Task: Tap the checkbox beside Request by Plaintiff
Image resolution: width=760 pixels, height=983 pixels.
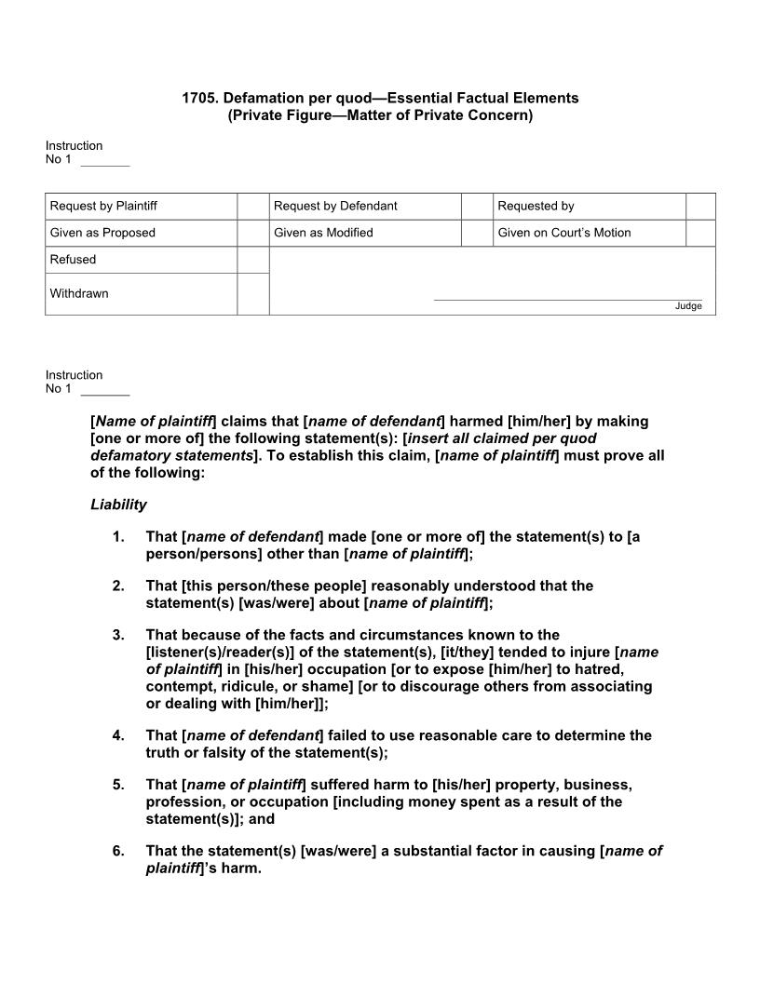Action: (x=252, y=206)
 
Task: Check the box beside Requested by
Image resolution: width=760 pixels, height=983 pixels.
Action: (x=700, y=206)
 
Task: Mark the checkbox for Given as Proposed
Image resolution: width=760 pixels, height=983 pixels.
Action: (x=252, y=233)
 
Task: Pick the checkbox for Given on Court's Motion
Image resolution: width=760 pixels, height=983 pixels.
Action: (x=700, y=233)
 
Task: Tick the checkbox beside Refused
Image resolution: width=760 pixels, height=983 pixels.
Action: (x=252, y=260)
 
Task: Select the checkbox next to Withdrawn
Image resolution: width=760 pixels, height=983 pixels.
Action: (x=252, y=294)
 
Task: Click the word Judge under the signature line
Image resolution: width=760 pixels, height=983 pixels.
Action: (x=688, y=306)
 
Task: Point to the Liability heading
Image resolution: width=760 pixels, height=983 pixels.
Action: (x=118, y=505)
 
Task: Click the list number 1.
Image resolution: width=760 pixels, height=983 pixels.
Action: (x=117, y=537)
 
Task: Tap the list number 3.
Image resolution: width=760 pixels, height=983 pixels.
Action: (x=117, y=636)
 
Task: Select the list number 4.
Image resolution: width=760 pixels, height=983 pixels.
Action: (x=117, y=735)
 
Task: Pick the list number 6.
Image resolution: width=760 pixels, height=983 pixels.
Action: (x=117, y=851)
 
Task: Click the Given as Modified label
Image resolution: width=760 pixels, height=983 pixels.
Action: (x=323, y=233)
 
